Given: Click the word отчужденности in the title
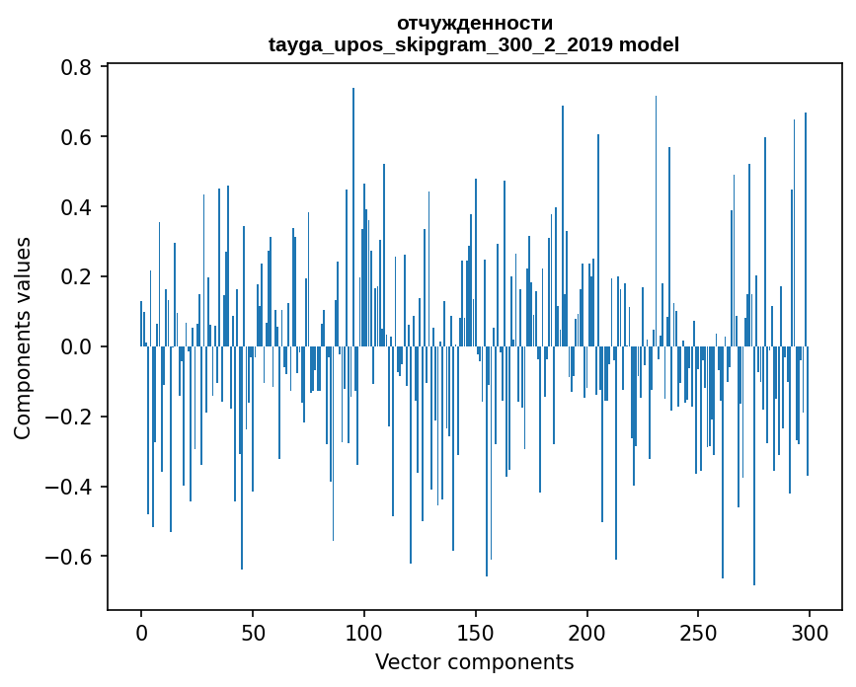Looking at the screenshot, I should pyautogui.click(x=474, y=23).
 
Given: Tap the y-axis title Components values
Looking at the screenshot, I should pyautogui.click(x=23, y=338).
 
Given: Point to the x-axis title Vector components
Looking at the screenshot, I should pyautogui.click(x=474, y=661).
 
